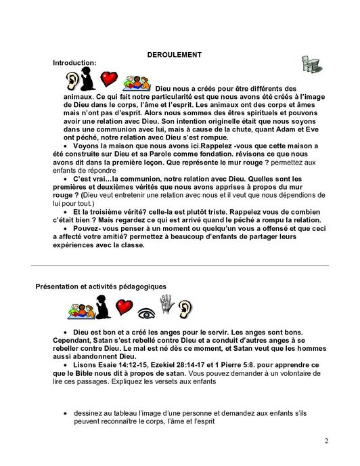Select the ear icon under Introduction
coord(71,81)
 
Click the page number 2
coord(326,442)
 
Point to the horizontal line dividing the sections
coord(180,266)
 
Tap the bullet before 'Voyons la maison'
coord(65,145)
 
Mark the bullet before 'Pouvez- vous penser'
coord(65,230)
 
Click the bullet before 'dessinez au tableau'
coord(65,412)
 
